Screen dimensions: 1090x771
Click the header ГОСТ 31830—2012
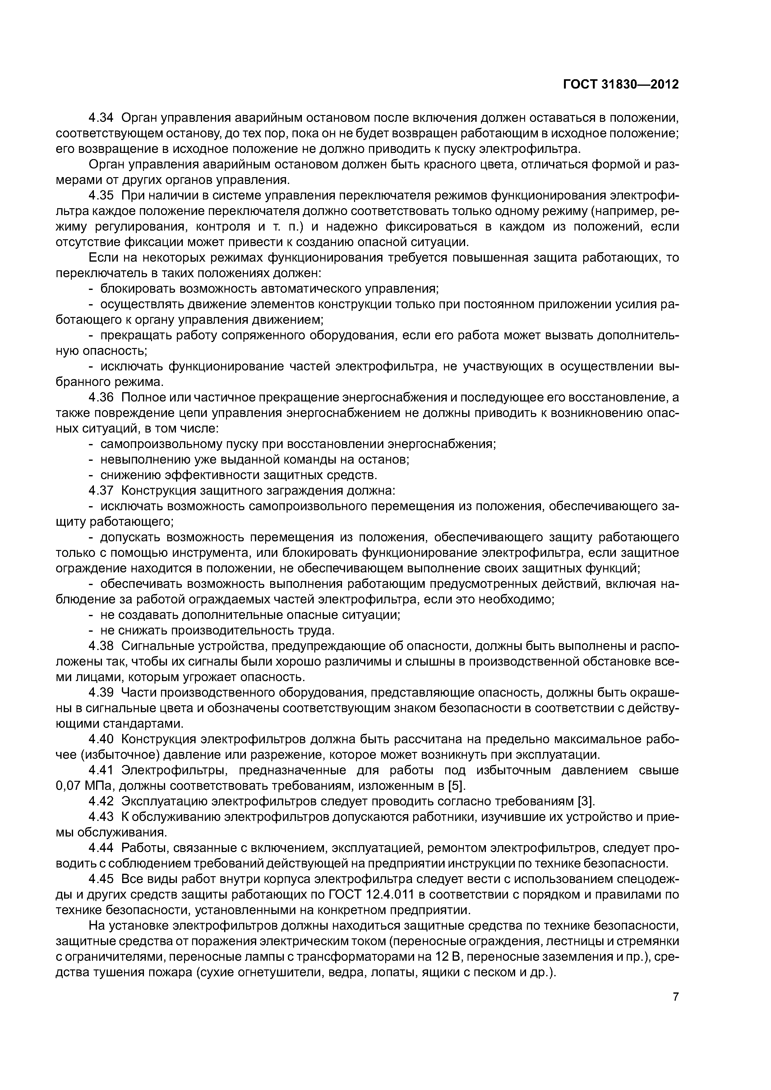pos(621,85)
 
